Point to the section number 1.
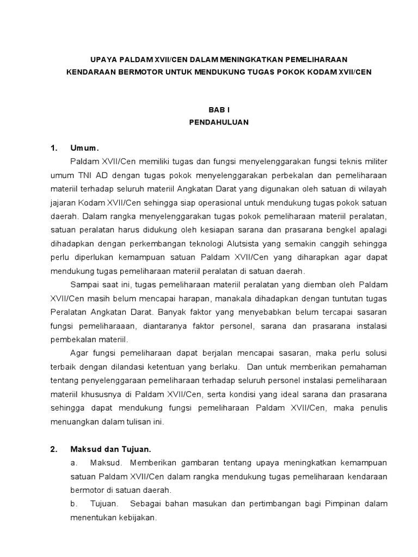coord(53,148)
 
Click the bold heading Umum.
coord(85,148)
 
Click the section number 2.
coord(53,449)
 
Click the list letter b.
coord(73,504)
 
